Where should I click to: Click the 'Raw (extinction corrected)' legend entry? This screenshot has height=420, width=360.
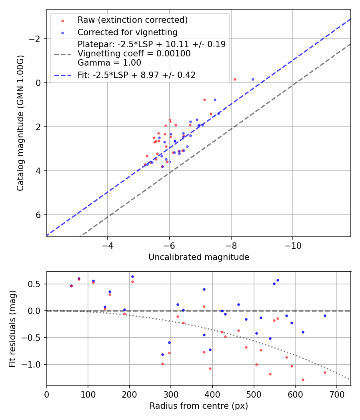coord(132,20)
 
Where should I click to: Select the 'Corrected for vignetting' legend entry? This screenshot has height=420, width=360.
coord(127,32)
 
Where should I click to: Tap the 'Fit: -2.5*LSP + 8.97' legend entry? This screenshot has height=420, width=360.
coord(136,75)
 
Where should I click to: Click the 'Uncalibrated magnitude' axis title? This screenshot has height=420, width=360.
coord(199,257)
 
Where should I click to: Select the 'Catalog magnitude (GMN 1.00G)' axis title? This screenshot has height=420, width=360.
coord(20,123)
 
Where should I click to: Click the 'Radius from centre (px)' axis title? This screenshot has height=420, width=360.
coord(199,406)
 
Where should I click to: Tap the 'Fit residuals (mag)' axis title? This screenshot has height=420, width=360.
coord(12,328)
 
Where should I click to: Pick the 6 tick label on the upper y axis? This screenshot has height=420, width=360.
coord(39,215)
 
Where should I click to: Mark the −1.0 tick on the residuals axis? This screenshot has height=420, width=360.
coord(35,364)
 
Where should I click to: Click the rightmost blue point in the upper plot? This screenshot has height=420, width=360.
coord(253,79)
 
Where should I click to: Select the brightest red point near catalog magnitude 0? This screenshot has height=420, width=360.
coord(235,79)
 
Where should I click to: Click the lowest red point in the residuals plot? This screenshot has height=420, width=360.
coord(303,380)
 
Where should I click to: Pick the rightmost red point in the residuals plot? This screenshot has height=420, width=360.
coord(325,372)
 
